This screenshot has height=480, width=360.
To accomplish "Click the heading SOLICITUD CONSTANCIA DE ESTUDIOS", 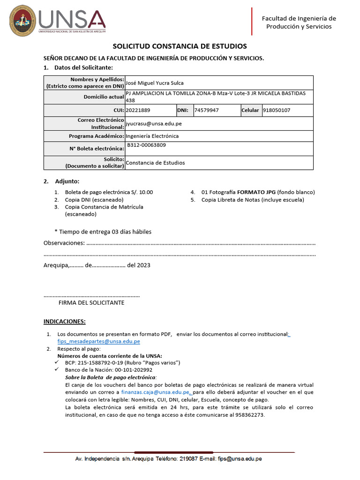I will [x=180, y=46].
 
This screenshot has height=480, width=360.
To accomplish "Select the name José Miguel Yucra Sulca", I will [x=155, y=83].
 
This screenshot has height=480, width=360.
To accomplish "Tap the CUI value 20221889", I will [x=138, y=111].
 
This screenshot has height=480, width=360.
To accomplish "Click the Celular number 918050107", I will [x=277, y=111].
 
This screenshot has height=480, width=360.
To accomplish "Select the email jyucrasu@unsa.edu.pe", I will [x=154, y=124].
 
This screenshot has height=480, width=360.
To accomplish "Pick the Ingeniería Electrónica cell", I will [x=152, y=136].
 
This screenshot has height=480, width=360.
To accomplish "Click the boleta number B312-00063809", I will [x=146, y=145].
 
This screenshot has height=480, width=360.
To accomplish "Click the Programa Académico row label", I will [x=96, y=136].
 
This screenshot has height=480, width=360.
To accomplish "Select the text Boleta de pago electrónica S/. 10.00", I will [x=109, y=192].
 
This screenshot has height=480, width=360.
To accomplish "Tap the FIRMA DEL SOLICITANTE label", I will [x=91, y=303].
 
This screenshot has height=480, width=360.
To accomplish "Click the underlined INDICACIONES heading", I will [x=65, y=322].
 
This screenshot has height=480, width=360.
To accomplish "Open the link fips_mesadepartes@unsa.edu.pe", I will [x=98, y=342].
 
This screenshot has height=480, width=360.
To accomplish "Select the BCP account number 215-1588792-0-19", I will [x=107, y=363].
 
